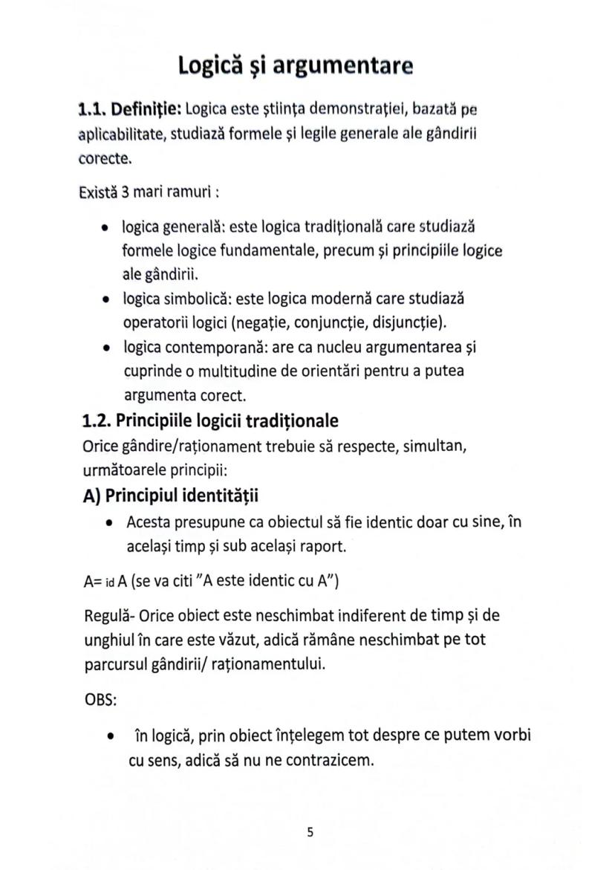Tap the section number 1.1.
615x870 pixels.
(x=94, y=110)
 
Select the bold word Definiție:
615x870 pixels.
(x=147, y=110)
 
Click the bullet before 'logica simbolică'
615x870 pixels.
(x=108, y=299)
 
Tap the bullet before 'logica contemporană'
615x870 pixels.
(x=108, y=348)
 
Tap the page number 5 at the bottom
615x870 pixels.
(x=310, y=833)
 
